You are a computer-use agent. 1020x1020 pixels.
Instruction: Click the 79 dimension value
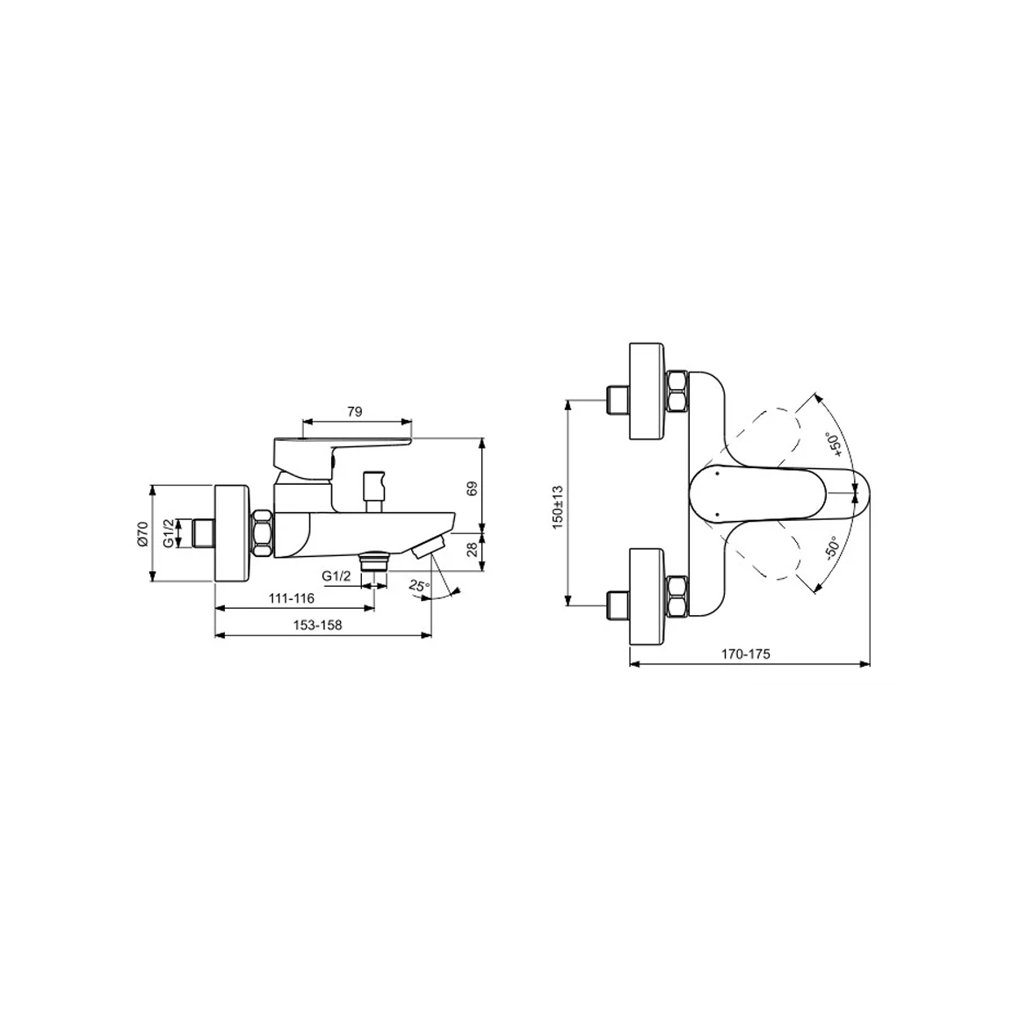[x=355, y=412]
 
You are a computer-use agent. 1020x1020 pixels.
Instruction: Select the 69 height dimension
[x=473, y=488]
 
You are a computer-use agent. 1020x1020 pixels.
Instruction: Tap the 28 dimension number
[x=473, y=550]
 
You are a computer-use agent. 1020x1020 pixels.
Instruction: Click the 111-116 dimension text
[x=291, y=598]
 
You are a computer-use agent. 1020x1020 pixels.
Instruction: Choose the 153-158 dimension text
[x=317, y=626]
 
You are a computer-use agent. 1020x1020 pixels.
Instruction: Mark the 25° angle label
[x=420, y=585]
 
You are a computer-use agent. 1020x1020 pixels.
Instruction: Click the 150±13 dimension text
[x=558, y=508]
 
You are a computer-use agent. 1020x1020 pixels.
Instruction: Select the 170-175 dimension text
[x=746, y=655]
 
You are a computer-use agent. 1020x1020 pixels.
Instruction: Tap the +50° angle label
[x=834, y=445]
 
